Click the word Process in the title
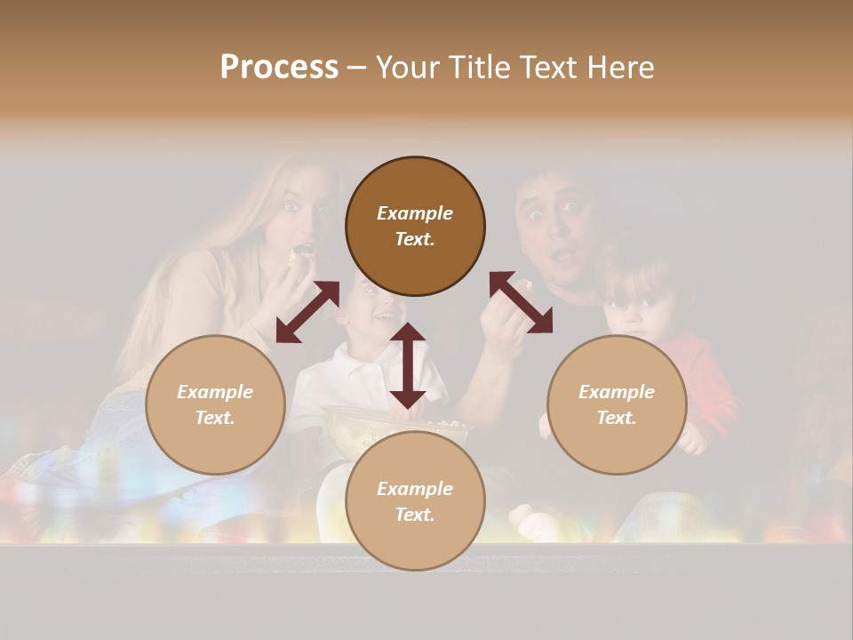(279, 68)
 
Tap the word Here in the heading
(619, 68)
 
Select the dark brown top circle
(415, 226)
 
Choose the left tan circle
(215, 404)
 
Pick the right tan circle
(617, 404)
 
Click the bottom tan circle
(415, 501)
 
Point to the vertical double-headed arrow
(408, 365)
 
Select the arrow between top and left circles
(307, 311)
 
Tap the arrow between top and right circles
(522, 302)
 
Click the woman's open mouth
(303, 251)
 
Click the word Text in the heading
(544, 68)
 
